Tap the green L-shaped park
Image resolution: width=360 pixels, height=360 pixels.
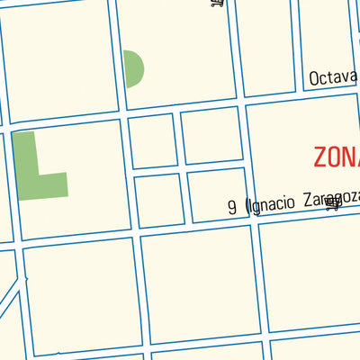point(31,171)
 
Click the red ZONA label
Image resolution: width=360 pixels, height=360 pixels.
point(337,156)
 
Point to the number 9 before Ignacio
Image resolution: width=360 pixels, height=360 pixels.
point(232,207)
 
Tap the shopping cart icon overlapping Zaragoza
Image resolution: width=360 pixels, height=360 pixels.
point(333,204)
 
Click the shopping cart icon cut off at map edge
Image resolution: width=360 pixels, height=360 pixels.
point(217,4)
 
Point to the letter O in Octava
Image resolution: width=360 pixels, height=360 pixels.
point(314,79)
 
